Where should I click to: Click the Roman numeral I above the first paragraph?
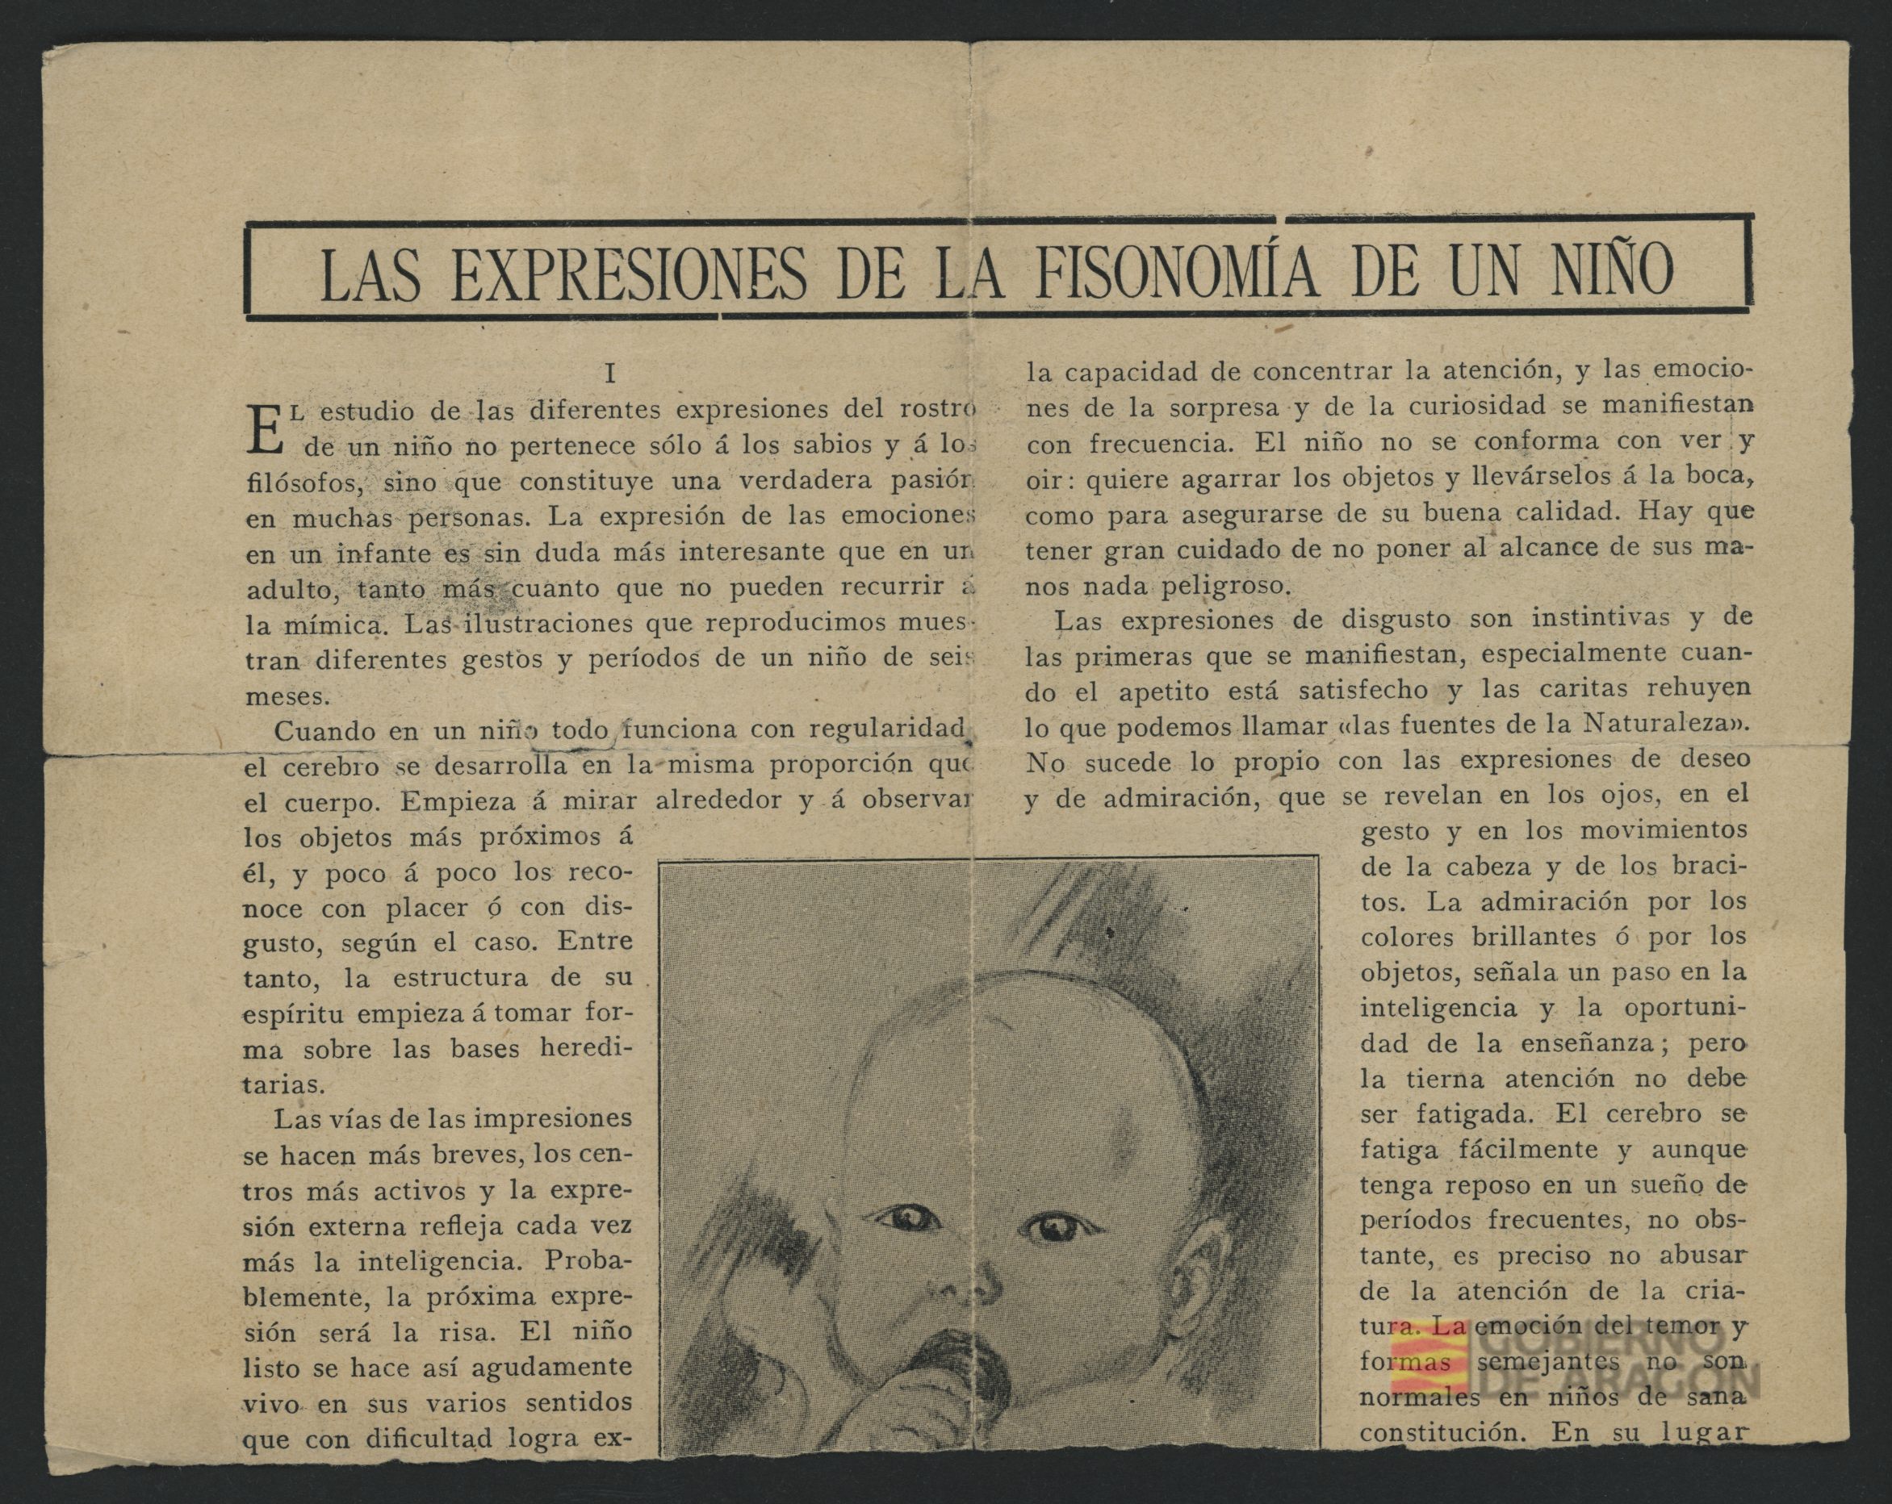tap(610, 374)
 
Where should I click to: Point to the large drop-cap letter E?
tap(264, 430)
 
